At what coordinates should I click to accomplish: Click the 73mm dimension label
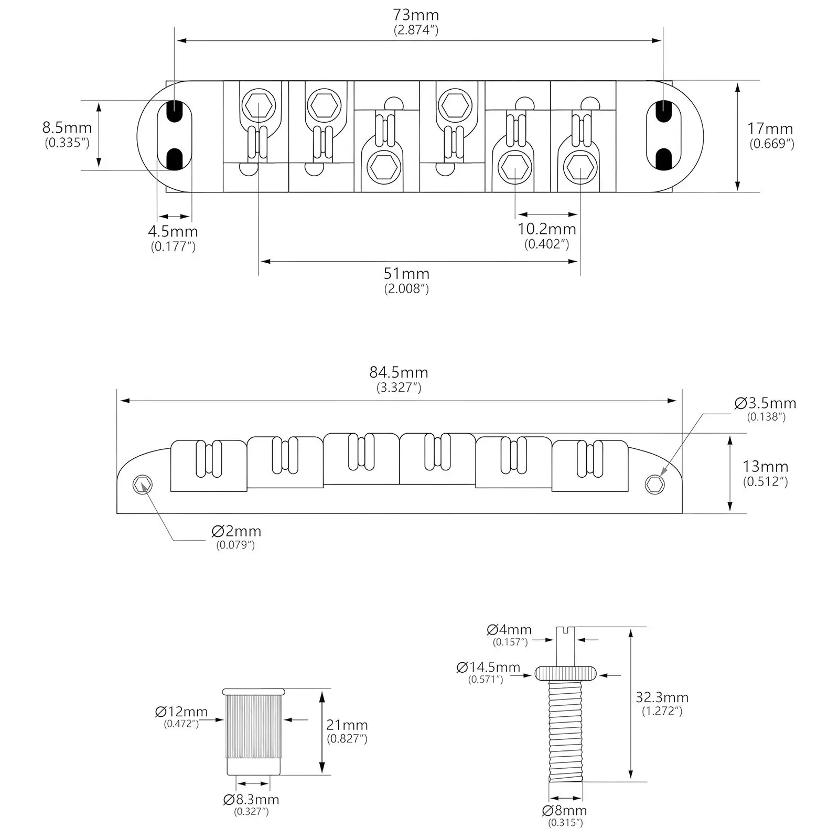416,15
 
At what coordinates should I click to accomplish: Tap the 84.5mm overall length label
399,372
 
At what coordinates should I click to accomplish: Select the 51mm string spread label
406,274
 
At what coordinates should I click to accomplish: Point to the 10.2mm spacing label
547,229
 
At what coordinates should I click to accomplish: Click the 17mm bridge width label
770,128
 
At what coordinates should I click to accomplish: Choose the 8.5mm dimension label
67,127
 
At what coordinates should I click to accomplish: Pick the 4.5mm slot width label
173,231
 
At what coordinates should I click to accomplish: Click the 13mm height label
765,467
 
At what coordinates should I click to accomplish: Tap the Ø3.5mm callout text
766,403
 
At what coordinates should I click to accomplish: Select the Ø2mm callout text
236,531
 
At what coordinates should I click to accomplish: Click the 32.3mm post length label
662,697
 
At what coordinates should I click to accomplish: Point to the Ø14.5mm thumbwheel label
488,668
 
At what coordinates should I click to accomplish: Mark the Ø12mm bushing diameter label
181,712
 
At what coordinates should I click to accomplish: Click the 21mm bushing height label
347,725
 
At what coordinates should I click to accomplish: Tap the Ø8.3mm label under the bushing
251,800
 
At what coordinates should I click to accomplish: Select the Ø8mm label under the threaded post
565,811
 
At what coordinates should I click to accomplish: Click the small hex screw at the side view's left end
143,485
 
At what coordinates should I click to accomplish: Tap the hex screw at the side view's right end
654,485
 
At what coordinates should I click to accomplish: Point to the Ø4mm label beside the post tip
509,630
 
